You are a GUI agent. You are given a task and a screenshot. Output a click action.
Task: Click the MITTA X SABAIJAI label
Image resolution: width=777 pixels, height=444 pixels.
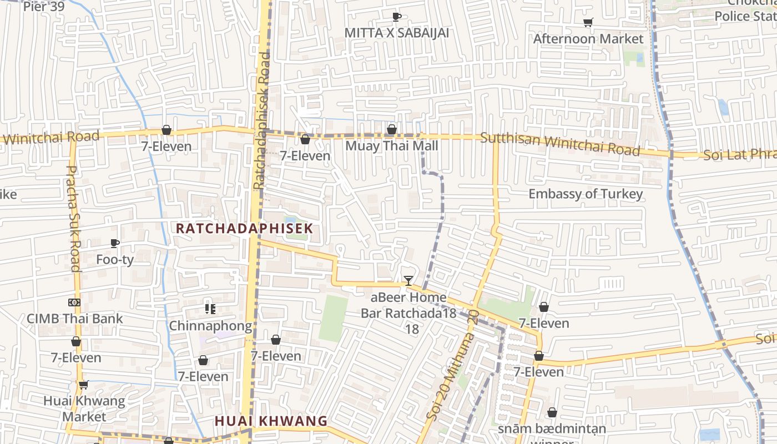coord(396,33)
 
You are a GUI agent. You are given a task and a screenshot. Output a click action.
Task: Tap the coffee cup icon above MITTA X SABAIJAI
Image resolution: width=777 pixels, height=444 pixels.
coord(396,17)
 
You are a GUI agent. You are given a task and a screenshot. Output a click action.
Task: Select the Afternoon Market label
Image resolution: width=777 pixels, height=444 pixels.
coord(588,39)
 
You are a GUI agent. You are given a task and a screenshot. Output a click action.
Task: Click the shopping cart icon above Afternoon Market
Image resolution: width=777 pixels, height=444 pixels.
coord(588,23)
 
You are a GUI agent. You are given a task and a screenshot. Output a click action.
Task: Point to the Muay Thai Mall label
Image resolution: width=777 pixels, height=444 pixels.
coord(391,146)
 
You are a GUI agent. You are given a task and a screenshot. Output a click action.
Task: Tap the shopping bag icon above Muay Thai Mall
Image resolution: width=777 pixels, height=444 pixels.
coord(391,130)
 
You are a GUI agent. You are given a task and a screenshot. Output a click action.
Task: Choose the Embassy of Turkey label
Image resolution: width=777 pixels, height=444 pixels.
coord(585,194)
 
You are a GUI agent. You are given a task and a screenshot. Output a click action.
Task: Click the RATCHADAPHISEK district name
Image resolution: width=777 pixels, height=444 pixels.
coord(245,228)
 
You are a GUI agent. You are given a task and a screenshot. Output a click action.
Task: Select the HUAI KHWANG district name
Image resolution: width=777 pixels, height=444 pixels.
coord(271,421)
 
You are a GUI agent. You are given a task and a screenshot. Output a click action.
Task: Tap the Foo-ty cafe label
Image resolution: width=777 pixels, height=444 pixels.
coord(115,259)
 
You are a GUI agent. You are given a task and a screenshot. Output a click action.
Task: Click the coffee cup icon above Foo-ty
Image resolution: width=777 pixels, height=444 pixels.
coord(115,243)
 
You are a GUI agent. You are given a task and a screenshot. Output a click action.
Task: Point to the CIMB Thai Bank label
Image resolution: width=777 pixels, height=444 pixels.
coord(74,319)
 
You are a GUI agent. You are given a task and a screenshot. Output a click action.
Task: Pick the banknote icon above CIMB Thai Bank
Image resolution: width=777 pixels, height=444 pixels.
coord(74,302)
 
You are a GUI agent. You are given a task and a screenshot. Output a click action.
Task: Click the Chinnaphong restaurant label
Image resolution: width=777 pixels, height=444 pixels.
coord(210,326)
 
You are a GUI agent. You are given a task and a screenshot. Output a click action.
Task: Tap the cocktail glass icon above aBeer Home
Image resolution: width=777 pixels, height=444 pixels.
coord(408,281)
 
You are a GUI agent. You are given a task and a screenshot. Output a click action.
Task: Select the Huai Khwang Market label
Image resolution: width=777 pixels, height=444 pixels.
coord(84,408)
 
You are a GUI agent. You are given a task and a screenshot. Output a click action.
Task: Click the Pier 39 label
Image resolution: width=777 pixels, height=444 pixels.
coord(44,7)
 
